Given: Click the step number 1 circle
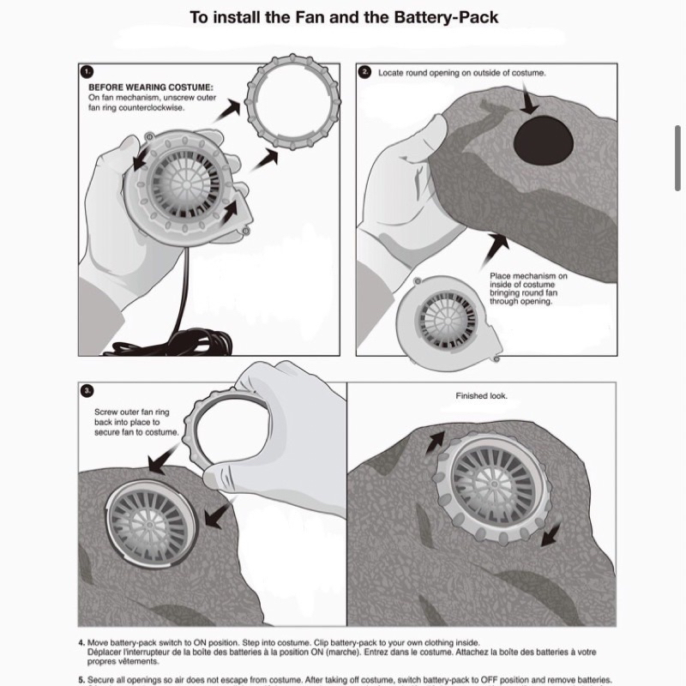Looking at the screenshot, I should [87, 72].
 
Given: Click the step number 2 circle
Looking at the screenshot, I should [364, 72].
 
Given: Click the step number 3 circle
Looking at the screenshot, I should [87, 391].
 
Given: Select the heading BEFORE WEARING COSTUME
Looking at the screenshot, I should [151, 87].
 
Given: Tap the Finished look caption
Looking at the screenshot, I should [481, 396].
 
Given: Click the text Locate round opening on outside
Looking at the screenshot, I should [462, 74].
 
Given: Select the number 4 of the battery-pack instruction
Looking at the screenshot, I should [81, 642].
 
